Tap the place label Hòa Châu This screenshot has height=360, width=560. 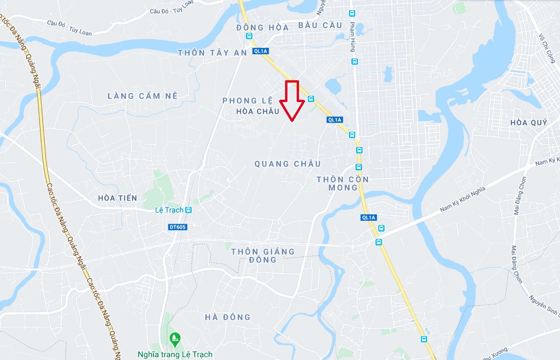coord(258,111)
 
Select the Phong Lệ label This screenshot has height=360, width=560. coord(247,101)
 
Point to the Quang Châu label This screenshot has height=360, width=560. coord(287,164)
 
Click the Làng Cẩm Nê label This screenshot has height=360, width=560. coord(143,96)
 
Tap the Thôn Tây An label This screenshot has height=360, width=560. coord(212,53)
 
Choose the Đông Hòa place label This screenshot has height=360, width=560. coord(262,27)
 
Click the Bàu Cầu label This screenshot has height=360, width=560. coord(320,25)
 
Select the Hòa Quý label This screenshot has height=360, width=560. coord(528,123)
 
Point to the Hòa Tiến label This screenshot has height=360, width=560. coord(118,198)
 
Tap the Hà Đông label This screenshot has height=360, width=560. coord(228,317)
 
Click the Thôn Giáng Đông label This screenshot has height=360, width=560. coord(263,255)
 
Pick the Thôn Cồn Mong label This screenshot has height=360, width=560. coord(343,183)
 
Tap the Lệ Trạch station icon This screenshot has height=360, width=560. coord(188,210)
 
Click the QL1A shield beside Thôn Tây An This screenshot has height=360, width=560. coord(260,51)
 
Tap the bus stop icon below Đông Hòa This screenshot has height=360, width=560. coord(249,36)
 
